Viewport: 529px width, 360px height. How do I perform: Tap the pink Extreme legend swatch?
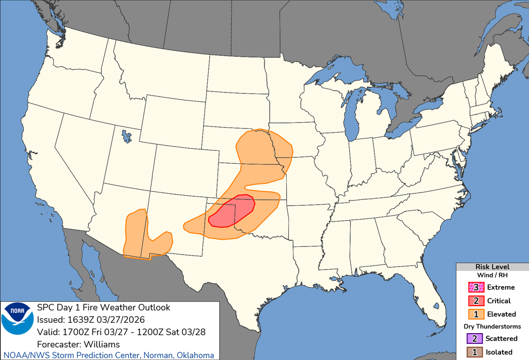475,287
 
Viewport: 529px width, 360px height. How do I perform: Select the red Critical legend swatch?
475,301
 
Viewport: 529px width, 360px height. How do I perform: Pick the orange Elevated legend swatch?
475,314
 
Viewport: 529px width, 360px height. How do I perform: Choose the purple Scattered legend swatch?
475,338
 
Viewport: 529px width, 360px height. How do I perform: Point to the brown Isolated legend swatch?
475,352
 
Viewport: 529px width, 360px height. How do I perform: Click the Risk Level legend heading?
492,267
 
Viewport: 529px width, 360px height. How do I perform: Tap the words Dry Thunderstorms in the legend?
492,326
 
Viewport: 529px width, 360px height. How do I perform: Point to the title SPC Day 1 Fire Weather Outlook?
104,308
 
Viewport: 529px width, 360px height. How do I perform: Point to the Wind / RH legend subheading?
492,275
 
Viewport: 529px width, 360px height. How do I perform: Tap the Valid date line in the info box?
121,332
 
